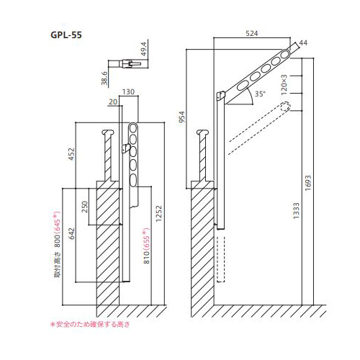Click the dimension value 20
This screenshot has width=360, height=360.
[x=112, y=102]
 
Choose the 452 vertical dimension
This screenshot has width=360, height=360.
[x=71, y=156]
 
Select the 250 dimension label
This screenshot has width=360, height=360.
[x=86, y=207]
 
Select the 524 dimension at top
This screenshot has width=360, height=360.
[x=251, y=34]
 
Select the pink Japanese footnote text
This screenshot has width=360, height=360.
[x=89, y=325]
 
